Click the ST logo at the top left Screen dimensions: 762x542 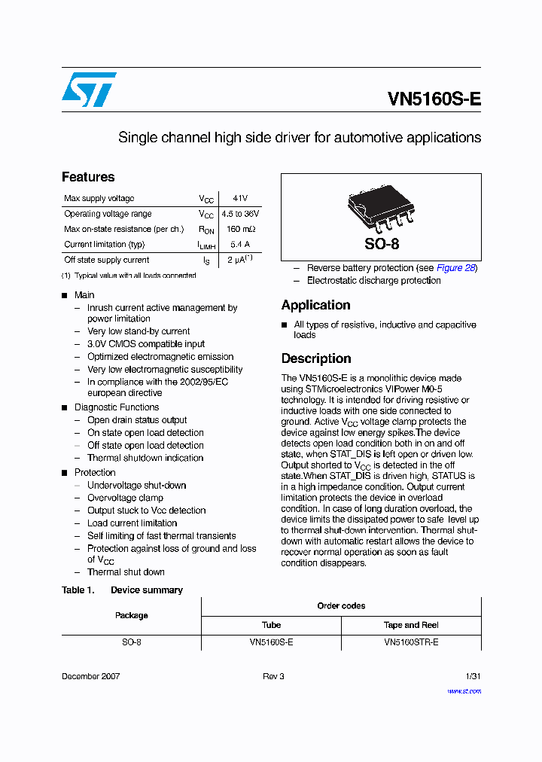click(89, 90)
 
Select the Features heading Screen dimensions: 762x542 click(88, 177)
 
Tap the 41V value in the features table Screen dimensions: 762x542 click(240, 198)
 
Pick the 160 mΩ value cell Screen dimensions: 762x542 click(241, 229)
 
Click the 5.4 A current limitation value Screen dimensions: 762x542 click(240, 244)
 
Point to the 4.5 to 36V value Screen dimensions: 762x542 click(240, 214)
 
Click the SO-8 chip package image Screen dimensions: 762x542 click(381, 208)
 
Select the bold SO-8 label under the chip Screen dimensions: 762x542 click(382, 244)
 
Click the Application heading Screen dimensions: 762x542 click(315, 305)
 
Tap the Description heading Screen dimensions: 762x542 click(316, 358)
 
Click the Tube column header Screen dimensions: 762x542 click(271, 625)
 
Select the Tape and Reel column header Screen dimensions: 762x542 click(411, 625)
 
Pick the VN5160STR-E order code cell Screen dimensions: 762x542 click(411, 642)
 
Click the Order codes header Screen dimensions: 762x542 click(341, 606)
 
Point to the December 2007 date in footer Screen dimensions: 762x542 click(90, 676)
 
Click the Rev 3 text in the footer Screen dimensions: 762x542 click(273, 676)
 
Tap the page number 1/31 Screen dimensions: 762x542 click(473, 676)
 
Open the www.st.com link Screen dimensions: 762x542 click(464, 690)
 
